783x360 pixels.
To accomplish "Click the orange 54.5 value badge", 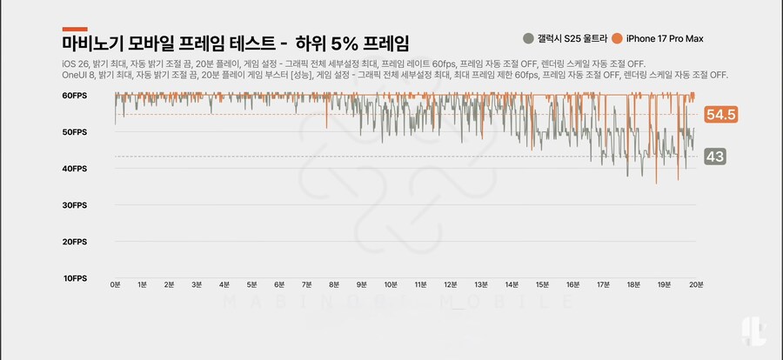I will tap(721, 115).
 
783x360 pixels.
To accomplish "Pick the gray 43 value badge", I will tap(716, 157).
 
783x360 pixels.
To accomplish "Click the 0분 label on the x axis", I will tap(115, 284).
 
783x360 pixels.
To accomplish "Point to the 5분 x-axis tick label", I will tap(251, 284).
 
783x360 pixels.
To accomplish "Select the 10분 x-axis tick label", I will tap(391, 284).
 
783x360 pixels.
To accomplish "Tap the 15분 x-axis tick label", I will tap(544, 284).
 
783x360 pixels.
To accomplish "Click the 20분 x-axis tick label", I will tap(696, 284).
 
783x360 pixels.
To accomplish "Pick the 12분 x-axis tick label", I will tap(450, 284).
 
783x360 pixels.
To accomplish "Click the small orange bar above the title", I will tap(75, 29).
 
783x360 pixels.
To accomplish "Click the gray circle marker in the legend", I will tap(528, 38).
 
